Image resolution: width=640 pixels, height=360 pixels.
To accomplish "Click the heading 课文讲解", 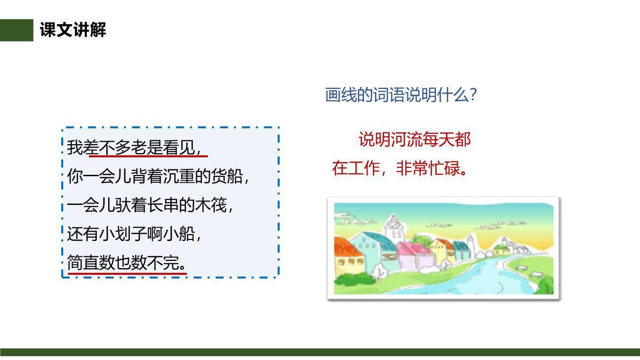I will pos(73,31).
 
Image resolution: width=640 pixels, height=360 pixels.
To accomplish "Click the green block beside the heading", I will pos(16,31).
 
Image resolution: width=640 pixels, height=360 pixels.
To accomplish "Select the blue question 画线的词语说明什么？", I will pos(400,94).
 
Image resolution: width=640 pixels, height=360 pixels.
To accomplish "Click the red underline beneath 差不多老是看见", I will pos(148,157).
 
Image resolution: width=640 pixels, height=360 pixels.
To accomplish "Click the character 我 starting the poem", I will pos(75,148).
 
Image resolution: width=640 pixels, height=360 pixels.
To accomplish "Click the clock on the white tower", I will pos(394,224).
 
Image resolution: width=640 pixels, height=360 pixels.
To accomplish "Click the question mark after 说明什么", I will pos(474,94).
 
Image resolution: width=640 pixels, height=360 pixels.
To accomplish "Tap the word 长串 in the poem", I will pos(163,205).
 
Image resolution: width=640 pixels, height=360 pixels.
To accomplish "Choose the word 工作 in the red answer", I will pos(363,168).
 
